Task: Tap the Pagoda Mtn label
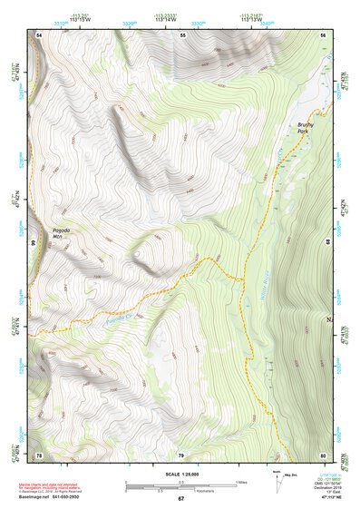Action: click(62, 233)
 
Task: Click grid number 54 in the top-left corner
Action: click(39, 34)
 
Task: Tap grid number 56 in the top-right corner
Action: click(322, 34)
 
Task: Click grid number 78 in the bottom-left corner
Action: click(39, 454)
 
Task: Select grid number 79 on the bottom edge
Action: click(180, 454)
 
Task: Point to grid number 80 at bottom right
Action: click(322, 454)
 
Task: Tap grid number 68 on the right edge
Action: click(326, 241)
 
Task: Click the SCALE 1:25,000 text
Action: click(180, 474)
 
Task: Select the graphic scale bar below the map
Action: click(180, 487)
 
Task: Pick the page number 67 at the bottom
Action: click(180, 499)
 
